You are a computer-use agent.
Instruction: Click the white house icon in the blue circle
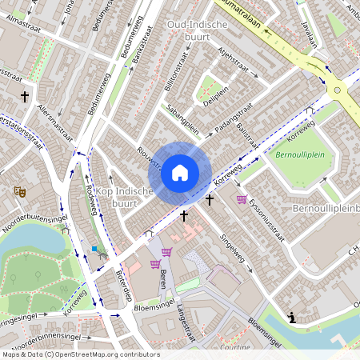click(x=180, y=172)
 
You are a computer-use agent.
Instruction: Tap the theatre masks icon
click(x=19, y=192)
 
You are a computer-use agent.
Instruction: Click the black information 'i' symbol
click(x=293, y=318)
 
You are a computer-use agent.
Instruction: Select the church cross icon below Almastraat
click(x=25, y=96)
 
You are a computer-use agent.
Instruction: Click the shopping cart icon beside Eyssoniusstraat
click(x=242, y=199)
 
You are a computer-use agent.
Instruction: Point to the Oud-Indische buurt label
click(x=197, y=30)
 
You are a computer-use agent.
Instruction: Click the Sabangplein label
click(x=182, y=117)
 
